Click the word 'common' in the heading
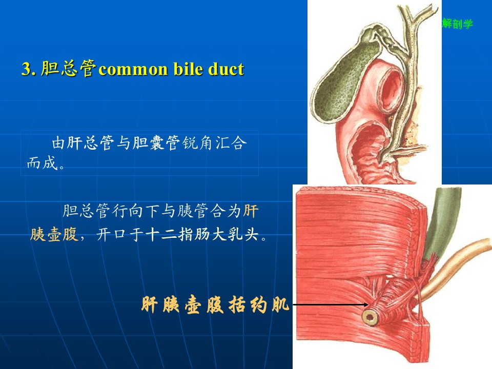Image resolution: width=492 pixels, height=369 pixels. [x=133, y=69]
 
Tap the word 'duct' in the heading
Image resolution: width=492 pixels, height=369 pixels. [x=226, y=69]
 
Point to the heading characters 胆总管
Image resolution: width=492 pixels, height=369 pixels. [x=68, y=68]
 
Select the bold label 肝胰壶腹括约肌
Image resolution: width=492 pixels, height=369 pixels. [x=215, y=304]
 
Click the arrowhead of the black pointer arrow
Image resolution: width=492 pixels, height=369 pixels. [x=366, y=304]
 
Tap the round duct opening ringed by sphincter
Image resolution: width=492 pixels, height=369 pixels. [x=370, y=318]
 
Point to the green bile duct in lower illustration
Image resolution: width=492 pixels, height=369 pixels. [x=442, y=223]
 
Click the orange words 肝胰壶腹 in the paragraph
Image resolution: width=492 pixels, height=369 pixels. [x=53, y=234]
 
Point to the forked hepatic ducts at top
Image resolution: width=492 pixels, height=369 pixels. [x=414, y=19]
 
